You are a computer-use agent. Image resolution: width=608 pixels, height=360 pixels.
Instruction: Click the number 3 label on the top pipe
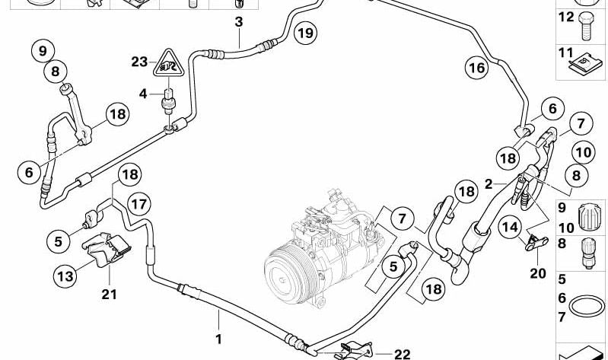click(238, 22)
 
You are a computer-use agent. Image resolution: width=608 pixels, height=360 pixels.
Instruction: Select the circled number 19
click(304, 33)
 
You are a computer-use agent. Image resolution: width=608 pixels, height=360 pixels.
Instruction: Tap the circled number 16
click(476, 69)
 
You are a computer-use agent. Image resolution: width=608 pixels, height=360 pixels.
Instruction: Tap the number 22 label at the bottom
click(403, 354)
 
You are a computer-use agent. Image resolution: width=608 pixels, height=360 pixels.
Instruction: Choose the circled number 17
click(138, 204)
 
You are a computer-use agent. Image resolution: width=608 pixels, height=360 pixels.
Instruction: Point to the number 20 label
click(538, 273)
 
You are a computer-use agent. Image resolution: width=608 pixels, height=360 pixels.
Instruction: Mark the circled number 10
click(582, 151)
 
